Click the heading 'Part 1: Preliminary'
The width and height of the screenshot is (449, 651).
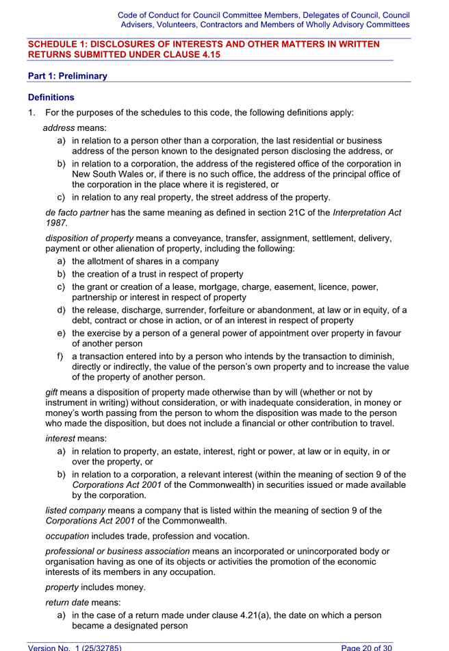coord(67,76)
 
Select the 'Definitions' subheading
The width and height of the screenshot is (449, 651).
coord(51,98)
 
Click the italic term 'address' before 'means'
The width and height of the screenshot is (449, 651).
coord(59,128)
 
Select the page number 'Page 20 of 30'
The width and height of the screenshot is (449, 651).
coord(376,646)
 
